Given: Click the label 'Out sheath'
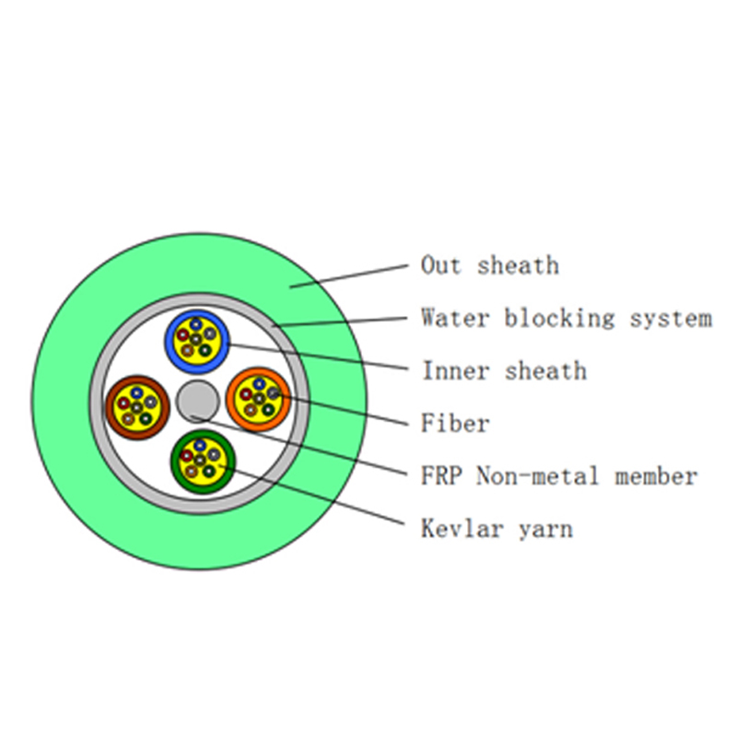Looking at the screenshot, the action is click(x=490, y=265).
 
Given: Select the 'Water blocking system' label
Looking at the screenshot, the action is click(x=567, y=318).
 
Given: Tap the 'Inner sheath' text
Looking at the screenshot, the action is click(x=505, y=371).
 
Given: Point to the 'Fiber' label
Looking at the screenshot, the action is click(x=455, y=423).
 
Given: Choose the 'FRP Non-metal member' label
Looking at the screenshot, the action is click(x=559, y=475).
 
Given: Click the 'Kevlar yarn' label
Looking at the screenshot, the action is click(x=497, y=529).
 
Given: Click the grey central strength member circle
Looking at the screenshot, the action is click(x=198, y=402).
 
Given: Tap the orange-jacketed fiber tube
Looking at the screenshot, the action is click(x=259, y=400).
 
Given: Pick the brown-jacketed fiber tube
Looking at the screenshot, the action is click(x=137, y=407).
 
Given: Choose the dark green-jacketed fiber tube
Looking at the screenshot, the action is click(x=203, y=462).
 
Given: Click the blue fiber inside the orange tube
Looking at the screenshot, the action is click(x=260, y=384).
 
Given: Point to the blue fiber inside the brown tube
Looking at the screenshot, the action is click(x=136, y=392).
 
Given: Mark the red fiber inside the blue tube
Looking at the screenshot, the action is click(x=182, y=335).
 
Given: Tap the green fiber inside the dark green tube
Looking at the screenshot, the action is click(x=209, y=471).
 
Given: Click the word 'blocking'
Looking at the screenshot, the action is click(x=559, y=318).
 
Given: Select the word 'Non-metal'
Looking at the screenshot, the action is click(x=538, y=475).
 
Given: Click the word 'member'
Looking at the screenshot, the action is click(x=656, y=475).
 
